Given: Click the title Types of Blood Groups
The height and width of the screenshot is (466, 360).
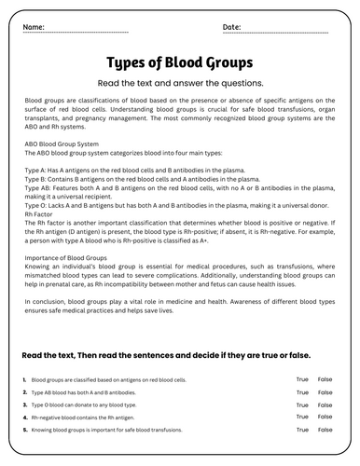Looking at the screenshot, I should point(179,63).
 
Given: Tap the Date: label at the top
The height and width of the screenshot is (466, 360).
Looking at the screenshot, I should point(231,27).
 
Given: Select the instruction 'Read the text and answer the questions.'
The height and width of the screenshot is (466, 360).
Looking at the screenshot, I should point(179,82).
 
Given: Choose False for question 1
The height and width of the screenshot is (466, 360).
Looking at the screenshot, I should point(325,379).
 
